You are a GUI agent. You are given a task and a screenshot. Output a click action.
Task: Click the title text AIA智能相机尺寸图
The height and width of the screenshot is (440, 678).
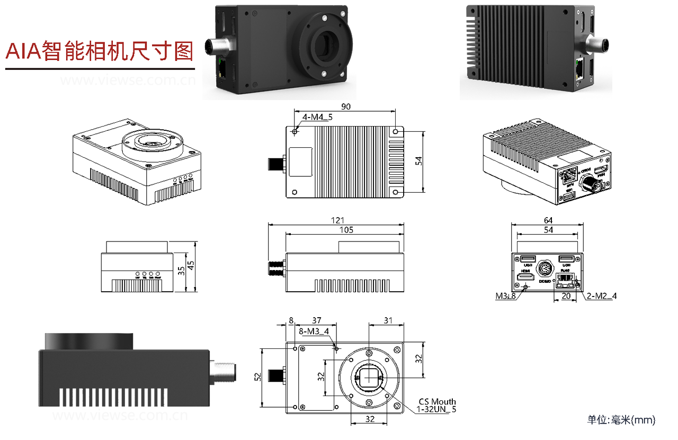click(x=99, y=51)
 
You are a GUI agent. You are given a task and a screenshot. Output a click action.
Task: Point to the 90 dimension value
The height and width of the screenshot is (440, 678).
click(x=345, y=106)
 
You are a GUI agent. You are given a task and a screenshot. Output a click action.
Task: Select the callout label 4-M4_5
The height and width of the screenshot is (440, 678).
click(x=317, y=117)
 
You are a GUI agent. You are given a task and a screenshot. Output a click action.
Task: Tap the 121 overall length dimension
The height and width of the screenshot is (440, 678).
click(x=337, y=220)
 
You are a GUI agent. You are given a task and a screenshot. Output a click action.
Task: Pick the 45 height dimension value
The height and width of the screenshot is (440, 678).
click(x=191, y=267)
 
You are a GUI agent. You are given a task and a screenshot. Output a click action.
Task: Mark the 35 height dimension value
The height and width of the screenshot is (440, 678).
click(x=182, y=271)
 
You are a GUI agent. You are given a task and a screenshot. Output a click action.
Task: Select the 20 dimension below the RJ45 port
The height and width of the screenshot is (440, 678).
click(x=566, y=296)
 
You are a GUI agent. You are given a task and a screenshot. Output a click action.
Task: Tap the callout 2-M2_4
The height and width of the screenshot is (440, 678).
click(x=602, y=296)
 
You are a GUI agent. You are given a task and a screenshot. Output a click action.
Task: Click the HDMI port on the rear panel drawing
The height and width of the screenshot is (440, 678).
click(x=526, y=277)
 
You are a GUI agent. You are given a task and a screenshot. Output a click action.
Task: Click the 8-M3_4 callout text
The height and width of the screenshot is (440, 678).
click(x=314, y=331)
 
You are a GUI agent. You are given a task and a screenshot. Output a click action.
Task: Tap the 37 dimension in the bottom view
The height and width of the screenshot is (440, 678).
click(x=316, y=320)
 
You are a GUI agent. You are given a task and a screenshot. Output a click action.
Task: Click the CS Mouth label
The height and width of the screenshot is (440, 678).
click(x=437, y=401)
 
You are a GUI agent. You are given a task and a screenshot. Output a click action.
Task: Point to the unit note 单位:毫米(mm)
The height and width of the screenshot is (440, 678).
click(x=621, y=420)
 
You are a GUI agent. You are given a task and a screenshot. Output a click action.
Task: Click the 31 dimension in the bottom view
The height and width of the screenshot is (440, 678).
click(x=388, y=320)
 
